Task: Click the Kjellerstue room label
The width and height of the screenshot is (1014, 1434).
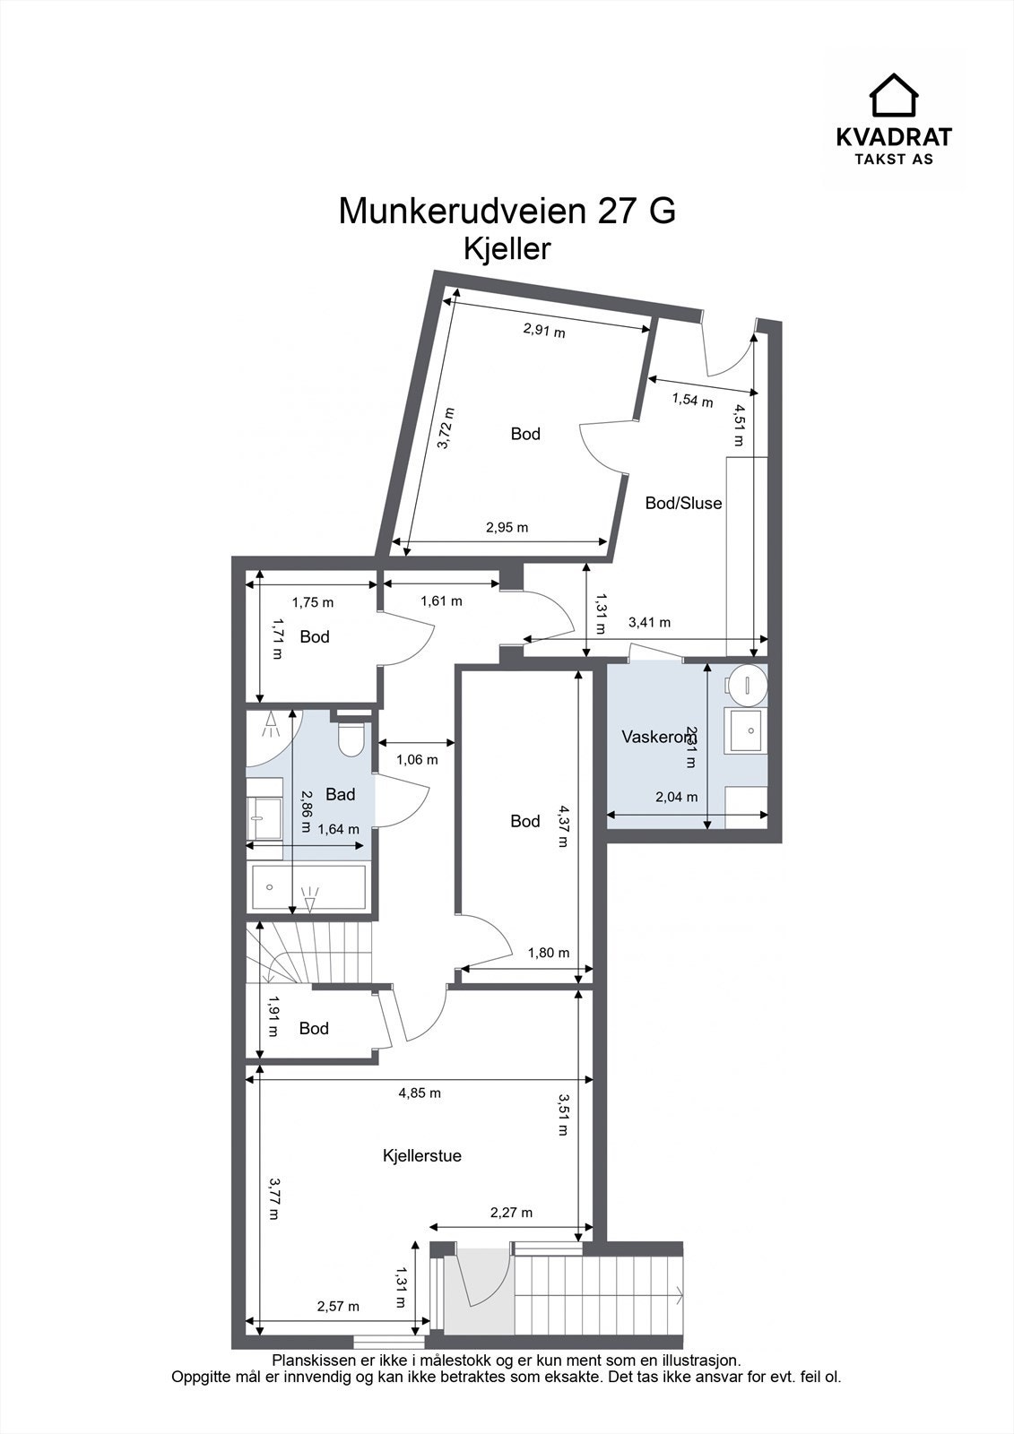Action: click(x=421, y=1156)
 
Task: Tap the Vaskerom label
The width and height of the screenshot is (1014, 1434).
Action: click(x=657, y=737)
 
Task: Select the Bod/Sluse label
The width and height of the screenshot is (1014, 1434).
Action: click(x=683, y=504)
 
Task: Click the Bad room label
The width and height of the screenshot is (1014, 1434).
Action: click(x=341, y=794)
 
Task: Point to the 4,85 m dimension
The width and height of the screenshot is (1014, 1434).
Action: click(x=420, y=1093)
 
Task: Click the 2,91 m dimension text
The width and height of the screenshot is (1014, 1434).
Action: click(x=544, y=331)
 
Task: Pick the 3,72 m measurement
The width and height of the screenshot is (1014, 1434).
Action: click(x=446, y=428)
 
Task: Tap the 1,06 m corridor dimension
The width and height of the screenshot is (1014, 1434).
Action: click(x=417, y=760)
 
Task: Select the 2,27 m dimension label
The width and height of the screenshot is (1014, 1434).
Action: click(x=511, y=1214)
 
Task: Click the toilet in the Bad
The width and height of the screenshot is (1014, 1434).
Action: click(x=350, y=739)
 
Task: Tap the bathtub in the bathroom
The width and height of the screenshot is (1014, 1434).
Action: click(x=308, y=887)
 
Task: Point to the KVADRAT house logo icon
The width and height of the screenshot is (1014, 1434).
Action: click(x=894, y=95)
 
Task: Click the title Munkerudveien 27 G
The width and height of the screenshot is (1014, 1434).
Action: click(x=507, y=212)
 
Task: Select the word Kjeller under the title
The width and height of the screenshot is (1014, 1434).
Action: click(x=507, y=249)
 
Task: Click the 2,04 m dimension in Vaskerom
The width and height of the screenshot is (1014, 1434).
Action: click(x=676, y=797)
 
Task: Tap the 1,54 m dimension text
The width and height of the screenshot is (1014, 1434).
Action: click(x=692, y=401)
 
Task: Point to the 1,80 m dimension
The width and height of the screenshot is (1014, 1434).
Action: click(x=548, y=954)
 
